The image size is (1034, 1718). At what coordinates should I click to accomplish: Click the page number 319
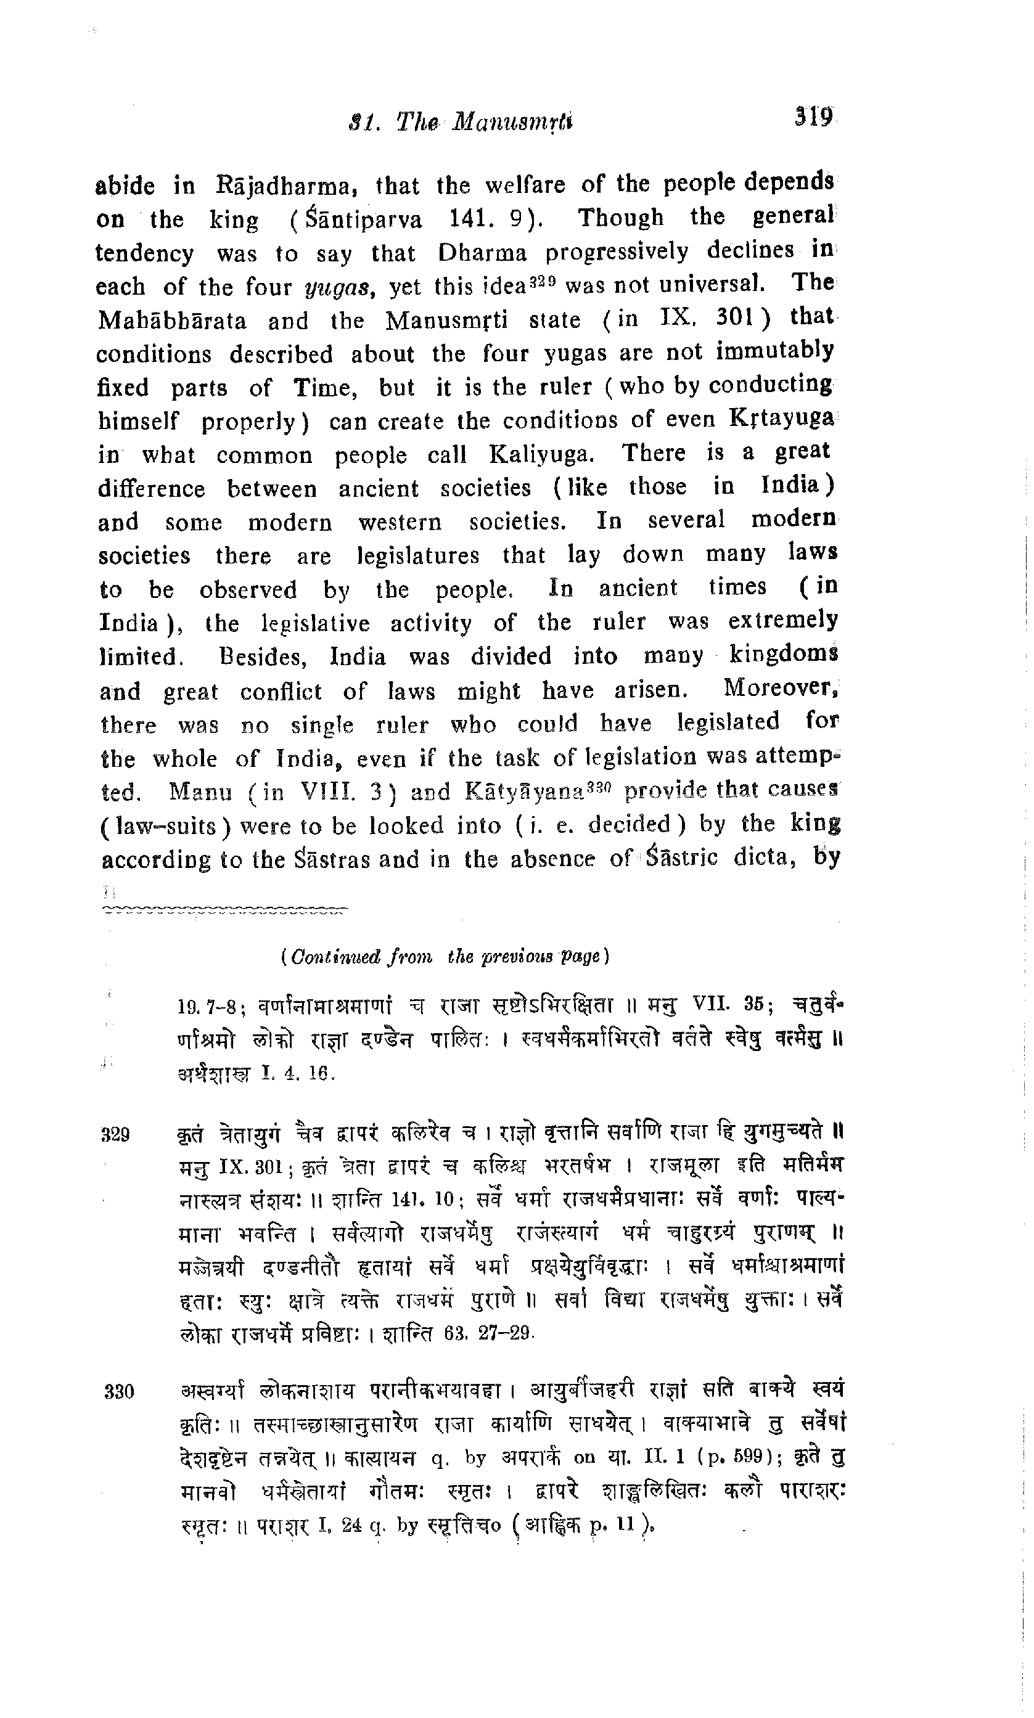tap(813, 116)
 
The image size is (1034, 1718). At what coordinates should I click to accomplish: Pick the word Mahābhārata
tap(172, 321)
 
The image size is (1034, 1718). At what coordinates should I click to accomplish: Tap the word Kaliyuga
tap(541, 455)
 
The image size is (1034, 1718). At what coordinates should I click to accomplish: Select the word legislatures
tap(418, 556)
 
